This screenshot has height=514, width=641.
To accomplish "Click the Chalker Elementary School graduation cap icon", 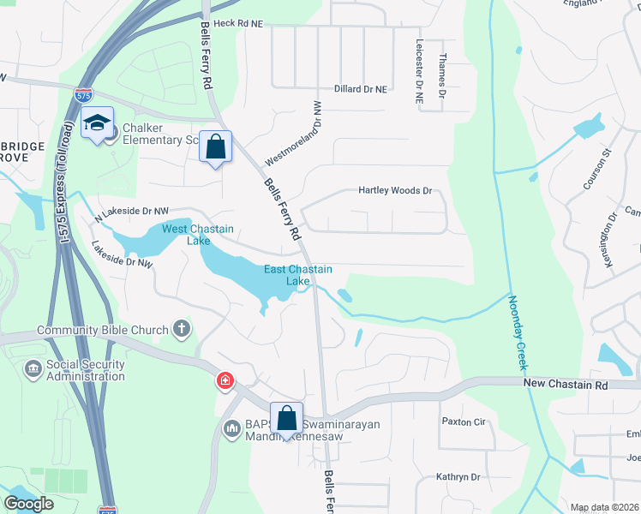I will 97,125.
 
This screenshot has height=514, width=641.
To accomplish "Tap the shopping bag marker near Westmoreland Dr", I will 215,146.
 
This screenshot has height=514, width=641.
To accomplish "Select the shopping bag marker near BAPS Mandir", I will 286,418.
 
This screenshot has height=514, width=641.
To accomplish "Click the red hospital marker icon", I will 225,380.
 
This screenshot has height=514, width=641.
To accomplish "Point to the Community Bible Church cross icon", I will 181,328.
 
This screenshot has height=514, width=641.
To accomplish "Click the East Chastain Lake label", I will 297,275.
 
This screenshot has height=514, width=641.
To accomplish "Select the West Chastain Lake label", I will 198,235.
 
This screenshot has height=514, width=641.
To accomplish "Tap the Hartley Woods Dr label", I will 394,191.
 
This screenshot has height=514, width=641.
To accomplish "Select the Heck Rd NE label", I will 239,24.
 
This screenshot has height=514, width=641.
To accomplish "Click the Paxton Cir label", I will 464,421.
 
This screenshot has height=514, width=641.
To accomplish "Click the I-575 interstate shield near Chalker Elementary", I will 83,95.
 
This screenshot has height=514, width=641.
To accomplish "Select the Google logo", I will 29,503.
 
